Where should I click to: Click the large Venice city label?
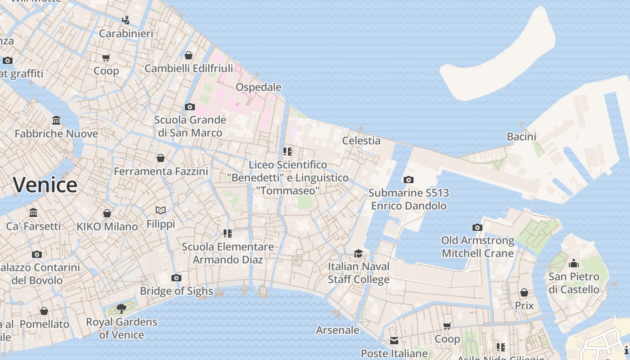click(x=45, y=185)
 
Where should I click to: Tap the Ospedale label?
click(x=259, y=87)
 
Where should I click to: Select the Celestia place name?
click(x=361, y=140)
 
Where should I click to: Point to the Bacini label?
click(x=522, y=136)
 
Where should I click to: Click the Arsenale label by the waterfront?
click(x=337, y=330)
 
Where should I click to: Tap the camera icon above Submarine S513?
click(x=408, y=180)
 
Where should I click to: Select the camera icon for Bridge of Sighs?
click(x=176, y=278)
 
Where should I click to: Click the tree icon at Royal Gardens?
click(x=121, y=308)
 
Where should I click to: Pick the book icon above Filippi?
click(x=161, y=210)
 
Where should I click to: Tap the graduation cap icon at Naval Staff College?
click(x=358, y=253)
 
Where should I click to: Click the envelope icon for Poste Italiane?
click(x=394, y=341)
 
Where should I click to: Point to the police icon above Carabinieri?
click(x=126, y=20)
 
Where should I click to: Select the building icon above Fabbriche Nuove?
click(x=56, y=120)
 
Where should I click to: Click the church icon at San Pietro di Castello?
click(x=574, y=263)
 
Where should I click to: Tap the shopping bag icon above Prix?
click(x=524, y=292)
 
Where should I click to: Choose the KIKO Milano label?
click(x=107, y=227)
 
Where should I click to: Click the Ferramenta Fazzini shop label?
click(x=161, y=171)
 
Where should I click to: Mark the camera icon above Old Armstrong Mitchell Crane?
click(x=477, y=227)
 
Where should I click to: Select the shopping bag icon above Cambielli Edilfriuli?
click(x=189, y=55)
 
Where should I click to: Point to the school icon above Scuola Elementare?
click(x=228, y=233)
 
